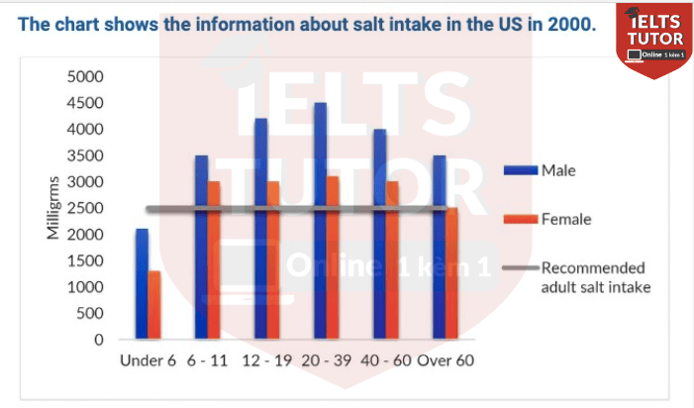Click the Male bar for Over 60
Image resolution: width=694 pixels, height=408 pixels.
(x=439, y=248)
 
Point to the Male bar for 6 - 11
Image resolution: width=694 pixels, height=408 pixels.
(x=201, y=248)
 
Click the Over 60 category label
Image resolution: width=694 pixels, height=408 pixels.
(x=446, y=360)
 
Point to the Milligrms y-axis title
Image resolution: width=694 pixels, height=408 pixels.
(x=54, y=208)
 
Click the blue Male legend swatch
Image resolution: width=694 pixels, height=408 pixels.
(x=519, y=170)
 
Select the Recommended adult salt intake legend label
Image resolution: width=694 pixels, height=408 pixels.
(x=592, y=277)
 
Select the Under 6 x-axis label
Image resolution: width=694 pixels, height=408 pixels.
(x=148, y=360)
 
